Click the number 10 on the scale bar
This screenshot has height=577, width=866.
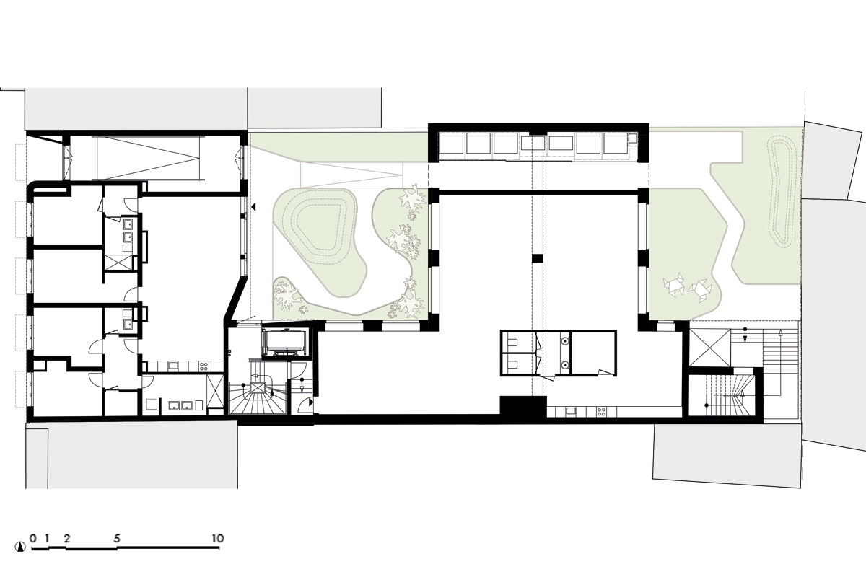(218, 538)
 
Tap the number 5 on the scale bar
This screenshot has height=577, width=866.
(117, 538)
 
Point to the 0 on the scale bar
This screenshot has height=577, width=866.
(33, 538)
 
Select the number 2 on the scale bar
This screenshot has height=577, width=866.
(67, 538)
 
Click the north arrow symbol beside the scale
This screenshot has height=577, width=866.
(19, 547)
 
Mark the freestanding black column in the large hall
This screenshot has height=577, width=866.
(538, 258)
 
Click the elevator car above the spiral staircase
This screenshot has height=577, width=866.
(285, 343)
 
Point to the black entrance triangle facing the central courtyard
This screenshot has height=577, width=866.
(253, 207)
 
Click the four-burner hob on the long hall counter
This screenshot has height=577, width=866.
(601, 412)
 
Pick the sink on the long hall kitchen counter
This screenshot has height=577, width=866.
(571, 412)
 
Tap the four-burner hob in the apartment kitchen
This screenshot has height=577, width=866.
(204, 366)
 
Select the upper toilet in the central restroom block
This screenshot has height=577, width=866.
(511, 343)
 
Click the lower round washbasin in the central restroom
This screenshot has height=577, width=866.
(565, 364)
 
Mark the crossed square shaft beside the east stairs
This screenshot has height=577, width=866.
(710, 347)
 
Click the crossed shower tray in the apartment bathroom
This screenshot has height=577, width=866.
(118, 263)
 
